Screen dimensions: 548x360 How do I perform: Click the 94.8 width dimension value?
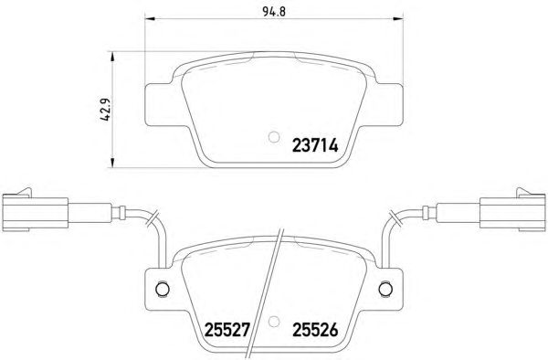pos(274,12)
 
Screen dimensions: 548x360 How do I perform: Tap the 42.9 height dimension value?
pos(105,110)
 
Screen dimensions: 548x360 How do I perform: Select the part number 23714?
pos(315,145)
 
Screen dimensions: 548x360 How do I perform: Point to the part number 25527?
pos(227,329)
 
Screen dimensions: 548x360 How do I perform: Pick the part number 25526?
pos(315,329)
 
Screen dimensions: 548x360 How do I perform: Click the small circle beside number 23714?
pos(274,137)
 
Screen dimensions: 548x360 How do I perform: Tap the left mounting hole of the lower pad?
pos(163,289)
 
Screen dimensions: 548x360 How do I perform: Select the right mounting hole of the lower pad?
pos(385,289)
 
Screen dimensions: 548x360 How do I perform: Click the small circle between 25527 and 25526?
pos(274,322)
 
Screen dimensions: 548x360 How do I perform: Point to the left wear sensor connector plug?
pos(35,210)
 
